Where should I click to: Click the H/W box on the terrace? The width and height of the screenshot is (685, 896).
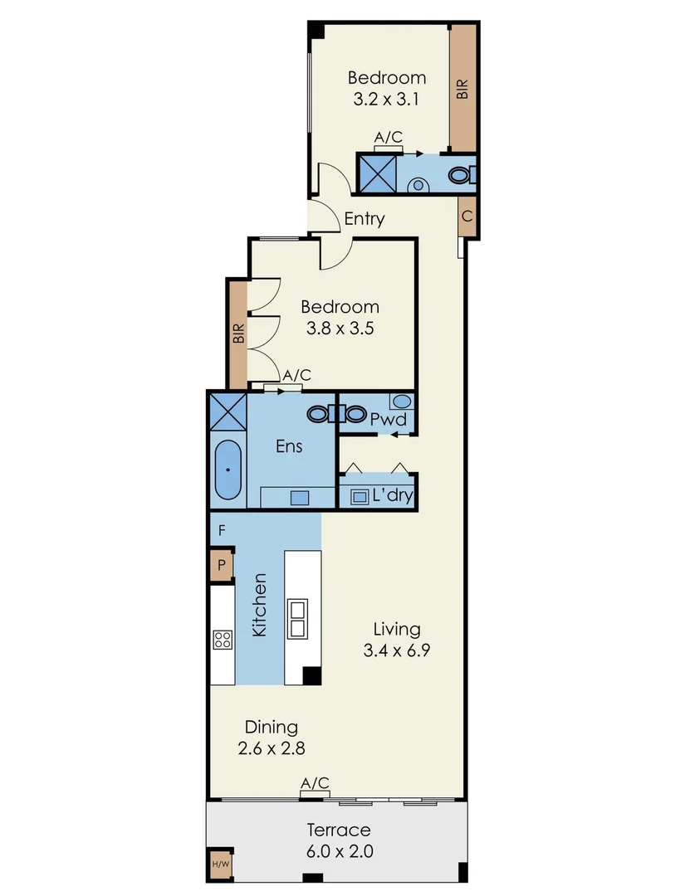(x=220, y=864)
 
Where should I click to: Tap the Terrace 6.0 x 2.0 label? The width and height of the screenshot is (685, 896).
(x=339, y=840)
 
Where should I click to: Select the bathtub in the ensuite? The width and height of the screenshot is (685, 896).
(x=228, y=470)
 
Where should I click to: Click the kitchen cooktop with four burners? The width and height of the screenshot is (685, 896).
(x=223, y=639)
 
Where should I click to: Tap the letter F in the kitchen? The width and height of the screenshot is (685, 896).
(x=222, y=529)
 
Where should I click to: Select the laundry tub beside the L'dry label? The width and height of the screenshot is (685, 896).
(x=360, y=497)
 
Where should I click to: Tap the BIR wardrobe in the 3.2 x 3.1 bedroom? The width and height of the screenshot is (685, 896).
(x=462, y=88)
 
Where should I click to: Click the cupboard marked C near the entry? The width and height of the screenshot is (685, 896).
(x=467, y=217)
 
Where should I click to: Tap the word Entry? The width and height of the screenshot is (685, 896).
(x=365, y=219)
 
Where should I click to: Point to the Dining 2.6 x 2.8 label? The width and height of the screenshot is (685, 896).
(x=271, y=738)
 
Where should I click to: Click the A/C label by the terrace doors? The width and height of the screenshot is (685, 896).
(x=315, y=783)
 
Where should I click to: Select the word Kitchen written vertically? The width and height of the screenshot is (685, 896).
(x=259, y=605)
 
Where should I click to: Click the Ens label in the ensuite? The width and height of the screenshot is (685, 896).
(x=289, y=446)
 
